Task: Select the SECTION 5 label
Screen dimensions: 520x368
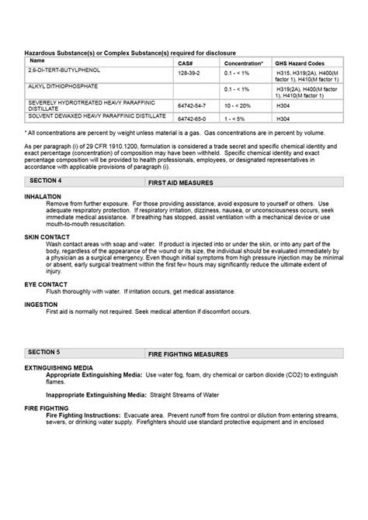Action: coord(45,352)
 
